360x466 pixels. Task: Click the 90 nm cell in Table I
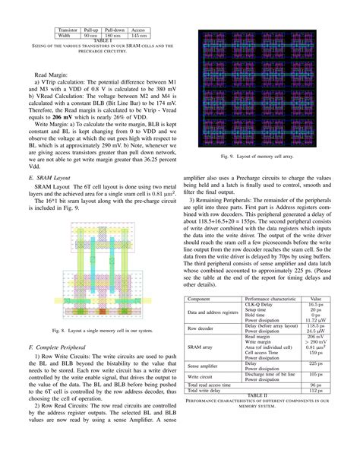(x=90, y=35)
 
